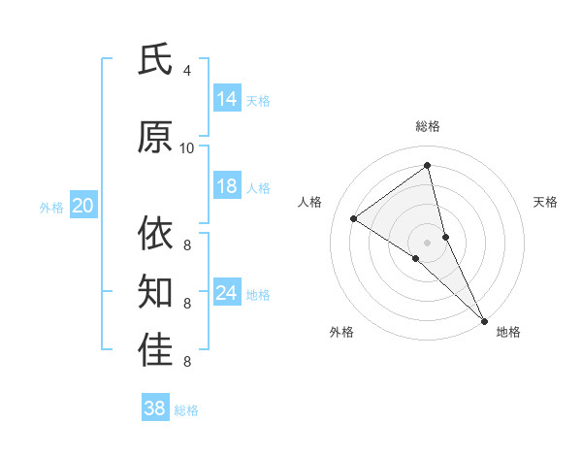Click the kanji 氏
coord(155,61)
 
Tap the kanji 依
coord(155,234)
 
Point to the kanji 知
coord(155,290)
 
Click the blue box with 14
coord(227,98)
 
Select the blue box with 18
coord(227,186)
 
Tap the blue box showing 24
coord(227,293)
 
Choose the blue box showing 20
coord(83,205)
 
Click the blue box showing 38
coord(155,408)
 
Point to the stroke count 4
coord(187,70)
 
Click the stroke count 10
coord(187,147)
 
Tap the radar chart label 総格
coord(428,126)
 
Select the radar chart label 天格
coord(545,202)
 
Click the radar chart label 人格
coord(310,202)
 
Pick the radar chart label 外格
coord(341,332)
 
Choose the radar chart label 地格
coord(508,332)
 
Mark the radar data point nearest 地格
coord(484,320)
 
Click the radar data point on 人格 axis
coord(354,218)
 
